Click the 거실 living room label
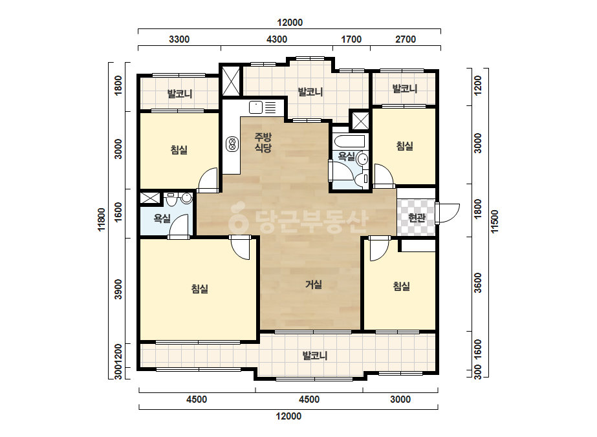pos(314,284)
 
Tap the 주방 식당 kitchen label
pos(263,142)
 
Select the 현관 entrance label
pos(417,218)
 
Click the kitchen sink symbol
pos(256,107)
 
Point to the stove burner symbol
pos(232,144)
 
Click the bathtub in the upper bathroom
pos(349,141)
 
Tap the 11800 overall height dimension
pos(102,220)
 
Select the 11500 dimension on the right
pos(494,222)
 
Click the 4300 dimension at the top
pos(277,39)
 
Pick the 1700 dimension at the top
pos(351,39)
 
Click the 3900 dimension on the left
pos(118,290)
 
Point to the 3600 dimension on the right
pos(478,283)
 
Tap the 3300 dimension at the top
pos(179,39)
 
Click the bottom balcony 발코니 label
pos(315,356)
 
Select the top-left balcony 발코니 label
pos(180,94)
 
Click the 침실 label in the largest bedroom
pos(199,288)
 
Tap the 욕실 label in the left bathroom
pos(162,218)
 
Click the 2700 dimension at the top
pos(406,39)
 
